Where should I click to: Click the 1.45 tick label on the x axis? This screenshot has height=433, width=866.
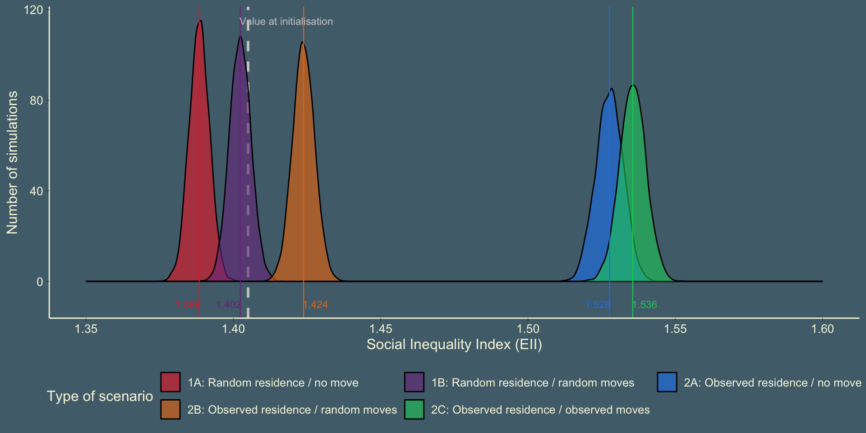pos(381,329)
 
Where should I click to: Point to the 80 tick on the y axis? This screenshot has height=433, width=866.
pos(36,101)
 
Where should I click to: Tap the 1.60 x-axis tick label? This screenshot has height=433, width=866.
pos(822,329)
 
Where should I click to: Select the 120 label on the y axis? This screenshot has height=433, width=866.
pos(33,10)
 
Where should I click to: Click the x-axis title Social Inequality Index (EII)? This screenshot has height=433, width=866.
pos(454,345)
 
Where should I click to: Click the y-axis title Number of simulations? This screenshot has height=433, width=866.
pos(12,162)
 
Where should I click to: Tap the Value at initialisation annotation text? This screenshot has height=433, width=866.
pos(286,22)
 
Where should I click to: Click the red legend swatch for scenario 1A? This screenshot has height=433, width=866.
pos(170,382)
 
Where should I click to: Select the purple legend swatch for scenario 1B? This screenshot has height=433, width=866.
pos(414,382)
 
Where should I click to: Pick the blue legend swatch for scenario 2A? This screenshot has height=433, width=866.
pos(667,382)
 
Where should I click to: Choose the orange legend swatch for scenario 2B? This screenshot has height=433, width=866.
pos(170,409)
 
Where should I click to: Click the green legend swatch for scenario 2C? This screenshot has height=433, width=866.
pos(414,409)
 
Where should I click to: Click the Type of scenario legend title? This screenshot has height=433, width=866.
pos(100,396)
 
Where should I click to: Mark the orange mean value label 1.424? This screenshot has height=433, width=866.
pos(315,305)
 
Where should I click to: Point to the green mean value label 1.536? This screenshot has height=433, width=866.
pos(645,305)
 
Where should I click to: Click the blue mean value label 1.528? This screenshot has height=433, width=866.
pos(598,305)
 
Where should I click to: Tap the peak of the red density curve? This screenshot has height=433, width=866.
pos(200,21)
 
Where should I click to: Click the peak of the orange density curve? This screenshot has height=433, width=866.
pos(303,42)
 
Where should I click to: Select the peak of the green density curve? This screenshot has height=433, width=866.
pos(634,85)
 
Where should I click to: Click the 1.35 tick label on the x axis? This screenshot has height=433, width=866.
pos(86,329)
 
